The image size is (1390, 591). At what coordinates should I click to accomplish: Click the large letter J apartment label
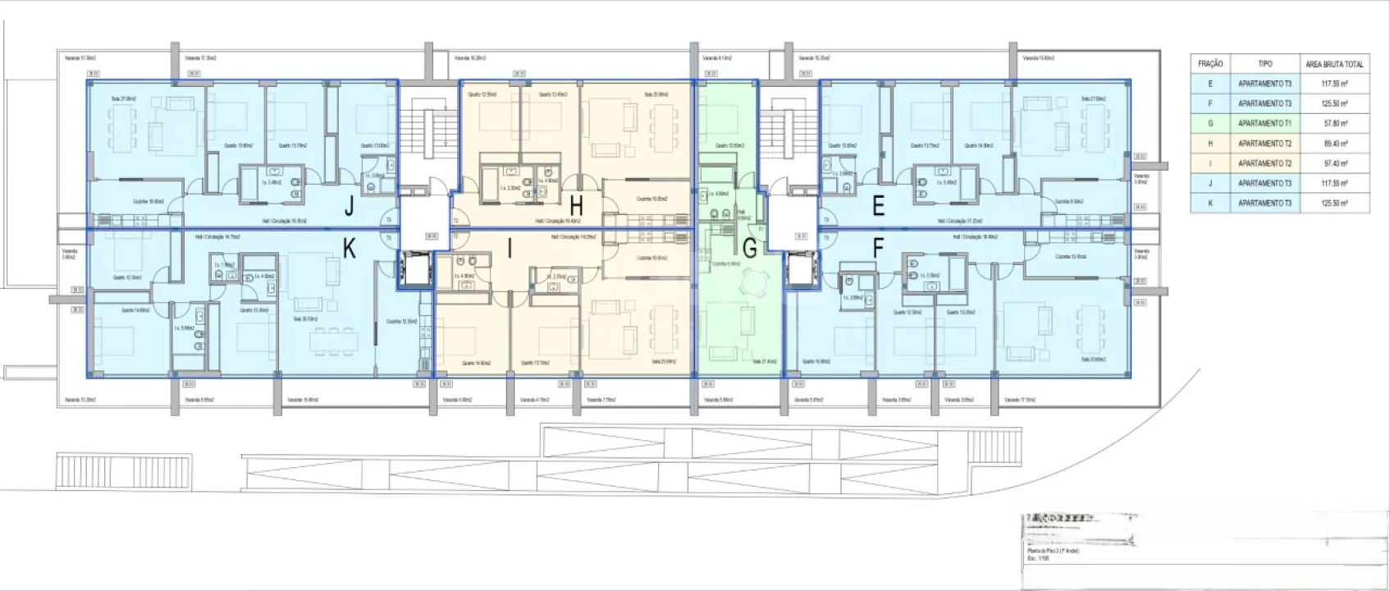tap(350, 207)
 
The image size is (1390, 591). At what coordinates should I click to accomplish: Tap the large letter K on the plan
tap(350, 249)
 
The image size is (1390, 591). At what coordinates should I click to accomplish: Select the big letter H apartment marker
tap(577, 205)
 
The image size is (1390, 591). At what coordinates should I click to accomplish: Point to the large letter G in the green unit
tap(748, 249)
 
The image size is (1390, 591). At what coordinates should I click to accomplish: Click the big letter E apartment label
tap(878, 207)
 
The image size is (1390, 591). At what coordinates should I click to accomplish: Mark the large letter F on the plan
tap(878, 249)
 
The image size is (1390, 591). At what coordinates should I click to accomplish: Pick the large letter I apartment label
tap(510, 249)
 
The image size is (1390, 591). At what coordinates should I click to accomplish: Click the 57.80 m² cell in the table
tap(1334, 123)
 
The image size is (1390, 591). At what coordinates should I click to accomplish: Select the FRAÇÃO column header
tap(1210, 63)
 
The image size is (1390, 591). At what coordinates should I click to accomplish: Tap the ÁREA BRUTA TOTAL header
tap(1334, 63)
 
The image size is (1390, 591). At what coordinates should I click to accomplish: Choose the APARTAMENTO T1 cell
tap(1264, 123)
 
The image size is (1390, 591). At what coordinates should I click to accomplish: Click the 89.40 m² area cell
tap(1334, 143)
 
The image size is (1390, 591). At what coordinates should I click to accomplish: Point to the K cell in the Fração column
tap(1210, 203)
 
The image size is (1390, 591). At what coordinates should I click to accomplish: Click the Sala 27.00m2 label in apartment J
tap(123, 98)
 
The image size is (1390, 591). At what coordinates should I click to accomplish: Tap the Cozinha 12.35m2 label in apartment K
tap(402, 321)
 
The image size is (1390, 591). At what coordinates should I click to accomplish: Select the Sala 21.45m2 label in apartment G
tap(764, 361)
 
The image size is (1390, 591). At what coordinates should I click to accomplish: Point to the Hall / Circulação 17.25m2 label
tap(960, 221)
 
